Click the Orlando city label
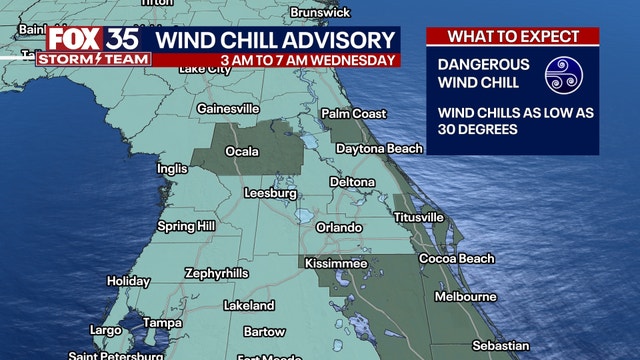(339, 227)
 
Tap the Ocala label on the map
(242, 152)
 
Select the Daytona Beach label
(379, 149)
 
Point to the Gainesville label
(229, 108)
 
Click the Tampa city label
(162, 323)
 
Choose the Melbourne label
(466, 297)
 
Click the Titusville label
(419, 217)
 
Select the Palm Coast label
(354, 113)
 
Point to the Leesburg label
(270, 192)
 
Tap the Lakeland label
(249, 304)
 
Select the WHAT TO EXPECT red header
(512, 37)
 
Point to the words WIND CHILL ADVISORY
(275, 40)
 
